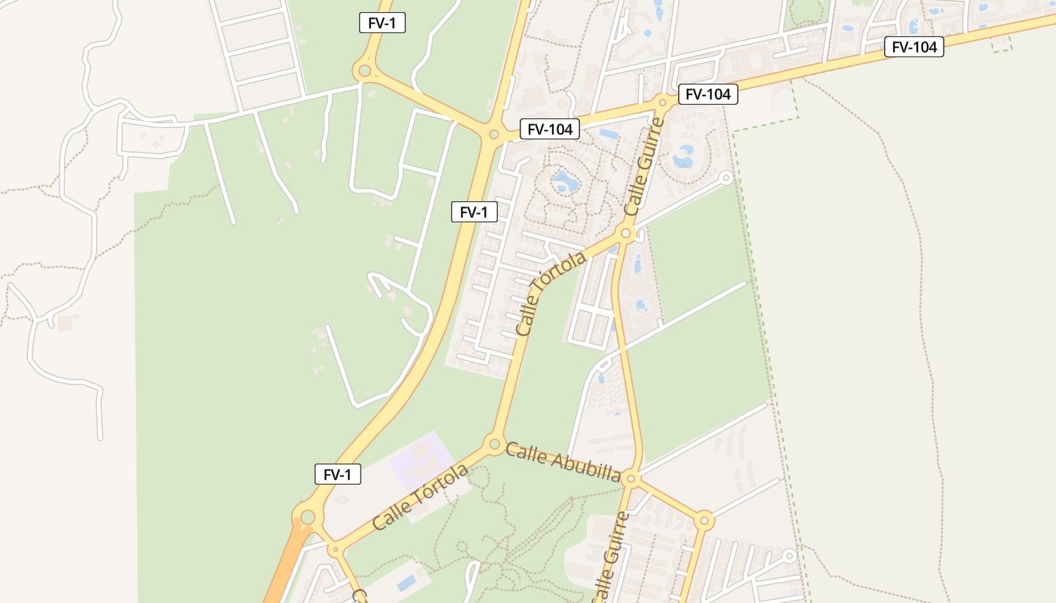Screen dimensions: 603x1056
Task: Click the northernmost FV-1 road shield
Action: click(382, 23)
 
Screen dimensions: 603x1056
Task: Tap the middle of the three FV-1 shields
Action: click(474, 213)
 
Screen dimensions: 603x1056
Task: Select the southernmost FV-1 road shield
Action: click(338, 475)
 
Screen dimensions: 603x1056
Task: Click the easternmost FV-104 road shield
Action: click(914, 47)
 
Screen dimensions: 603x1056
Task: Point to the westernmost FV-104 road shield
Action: click(551, 130)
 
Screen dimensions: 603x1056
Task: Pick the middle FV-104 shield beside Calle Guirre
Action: click(708, 94)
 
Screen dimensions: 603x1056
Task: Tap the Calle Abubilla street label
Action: click(563, 462)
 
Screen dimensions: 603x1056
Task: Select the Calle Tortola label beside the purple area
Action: click(420, 497)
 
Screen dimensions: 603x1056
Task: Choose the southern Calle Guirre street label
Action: click(611, 558)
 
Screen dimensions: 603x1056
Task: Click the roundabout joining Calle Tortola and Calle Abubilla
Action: click(495, 443)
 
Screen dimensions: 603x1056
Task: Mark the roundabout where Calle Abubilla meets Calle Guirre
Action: click(632, 479)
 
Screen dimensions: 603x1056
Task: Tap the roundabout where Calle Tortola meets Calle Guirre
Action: click(625, 234)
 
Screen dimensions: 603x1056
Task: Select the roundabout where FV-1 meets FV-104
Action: click(493, 134)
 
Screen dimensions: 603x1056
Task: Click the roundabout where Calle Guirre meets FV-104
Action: click(662, 102)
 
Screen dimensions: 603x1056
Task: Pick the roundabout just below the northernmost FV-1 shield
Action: click(365, 72)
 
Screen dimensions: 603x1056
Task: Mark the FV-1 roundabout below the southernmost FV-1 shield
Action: click(308, 517)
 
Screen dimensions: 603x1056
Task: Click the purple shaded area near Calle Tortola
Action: click(422, 460)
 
